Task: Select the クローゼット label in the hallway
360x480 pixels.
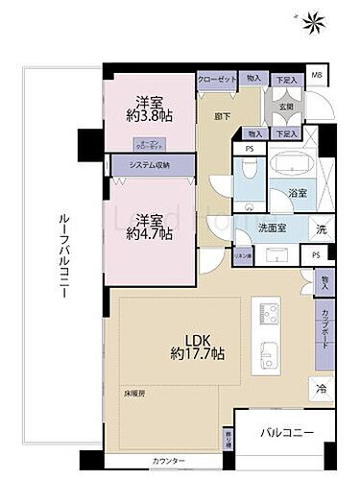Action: pos(217,80)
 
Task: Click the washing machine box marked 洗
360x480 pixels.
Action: pos(322,228)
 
